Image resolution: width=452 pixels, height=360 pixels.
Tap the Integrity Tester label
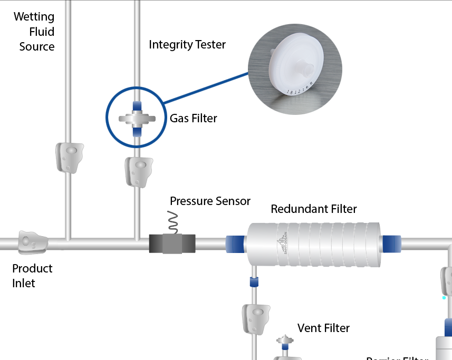pyautogui.click(x=187, y=45)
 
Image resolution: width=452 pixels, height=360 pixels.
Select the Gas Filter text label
pyautogui.click(x=193, y=118)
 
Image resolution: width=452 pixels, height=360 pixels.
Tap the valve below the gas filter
pyautogui.click(x=138, y=171)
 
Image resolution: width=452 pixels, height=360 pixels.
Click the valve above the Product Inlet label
pyautogui.click(x=32, y=242)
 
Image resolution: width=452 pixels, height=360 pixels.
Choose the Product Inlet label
pyautogui.click(x=32, y=276)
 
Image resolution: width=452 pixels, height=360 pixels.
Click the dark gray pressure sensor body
pyautogui.click(x=172, y=244)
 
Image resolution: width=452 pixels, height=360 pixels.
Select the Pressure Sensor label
pyautogui.click(x=210, y=201)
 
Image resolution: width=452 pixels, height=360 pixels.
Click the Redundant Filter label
pyautogui.click(x=313, y=209)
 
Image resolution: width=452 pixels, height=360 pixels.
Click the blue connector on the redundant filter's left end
pyautogui.click(x=235, y=245)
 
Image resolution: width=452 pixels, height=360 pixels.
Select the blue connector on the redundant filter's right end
pyautogui.click(x=391, y=245)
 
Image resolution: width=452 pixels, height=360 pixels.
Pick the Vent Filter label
pyautogui.click(x=323, y=328)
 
